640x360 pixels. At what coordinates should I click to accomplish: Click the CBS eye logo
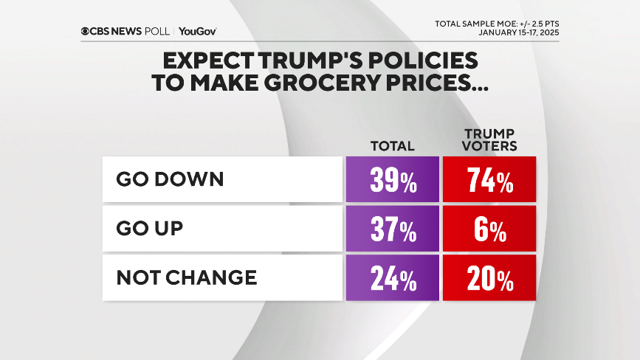pyautogui.click(x=86, y=31)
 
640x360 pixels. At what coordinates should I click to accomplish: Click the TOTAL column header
pyautogui.click(x=392, y=146)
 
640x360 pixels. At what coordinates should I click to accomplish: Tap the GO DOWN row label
pyautogui.click(x=170, y=179)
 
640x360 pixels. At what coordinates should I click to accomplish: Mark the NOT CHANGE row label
pyautogui.click(x=187, y=277)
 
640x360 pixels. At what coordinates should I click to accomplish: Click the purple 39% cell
pyautogui.click(x=392, y=180)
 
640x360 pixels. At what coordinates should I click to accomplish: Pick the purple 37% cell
pyautogui.click(x=392, y=229)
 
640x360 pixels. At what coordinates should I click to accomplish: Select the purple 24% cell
pyautogui.click(x=392, y=278)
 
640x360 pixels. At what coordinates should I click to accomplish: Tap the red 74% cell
pyautogui.click(x=489, y=180)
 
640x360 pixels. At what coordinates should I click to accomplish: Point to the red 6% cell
pyautogui.click(x=489, y=229)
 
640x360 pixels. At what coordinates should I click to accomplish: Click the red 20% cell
pyautogui.click(x=489, y=278)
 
